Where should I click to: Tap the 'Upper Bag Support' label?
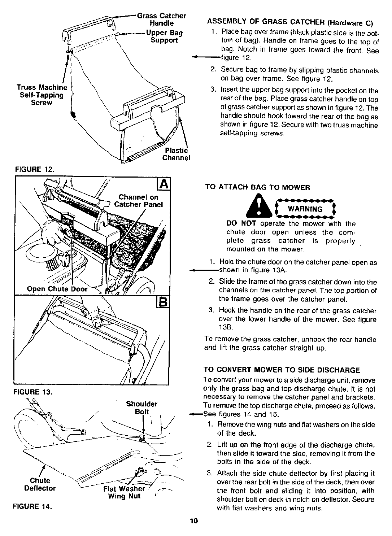pos(164,36)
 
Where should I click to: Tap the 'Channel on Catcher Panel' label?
pos(139,201)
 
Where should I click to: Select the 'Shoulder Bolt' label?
pos(141,408)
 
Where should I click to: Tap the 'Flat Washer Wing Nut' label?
pos(124,493)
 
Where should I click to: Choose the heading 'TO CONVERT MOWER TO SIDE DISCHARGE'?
pos(282,370)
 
